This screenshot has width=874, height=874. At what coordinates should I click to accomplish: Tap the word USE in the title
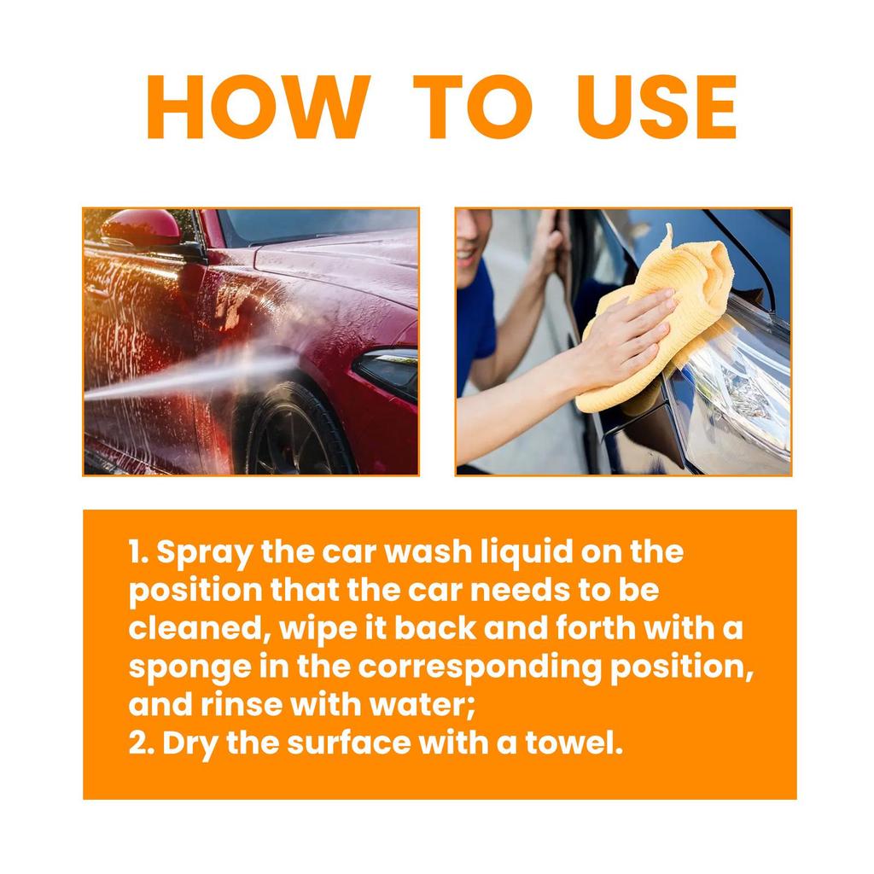(x=656, y=108)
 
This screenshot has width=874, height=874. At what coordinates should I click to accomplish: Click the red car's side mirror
(x=142, y=228)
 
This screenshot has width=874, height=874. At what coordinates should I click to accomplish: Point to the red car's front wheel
(x=294, y=431)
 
